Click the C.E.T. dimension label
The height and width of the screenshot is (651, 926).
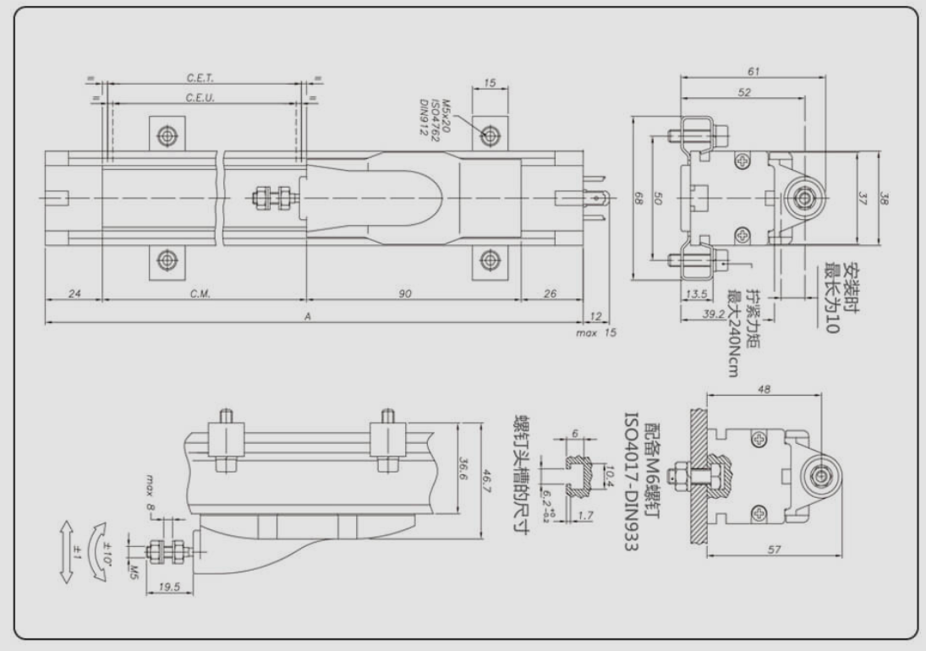click(x=200, y=78)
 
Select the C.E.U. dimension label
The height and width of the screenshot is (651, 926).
click(x=200, y=98)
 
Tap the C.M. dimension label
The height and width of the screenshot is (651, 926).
click(x=200, y=294)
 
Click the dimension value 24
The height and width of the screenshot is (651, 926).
click(x=74, y=294)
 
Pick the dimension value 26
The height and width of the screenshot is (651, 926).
click(x=551, y=294)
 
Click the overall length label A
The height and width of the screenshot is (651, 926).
click(x=309, y=316)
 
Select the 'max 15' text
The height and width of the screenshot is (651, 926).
click(x=597, y=332)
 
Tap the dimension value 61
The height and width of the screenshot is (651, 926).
click(x=753, y=72)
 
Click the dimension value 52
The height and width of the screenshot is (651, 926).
click(x=743, y=92)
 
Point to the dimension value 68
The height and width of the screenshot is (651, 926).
click(x=638, y=198)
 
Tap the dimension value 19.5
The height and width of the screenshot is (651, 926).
click(x=170, y=585)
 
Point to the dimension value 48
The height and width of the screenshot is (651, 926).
click(x=764, y=390)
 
